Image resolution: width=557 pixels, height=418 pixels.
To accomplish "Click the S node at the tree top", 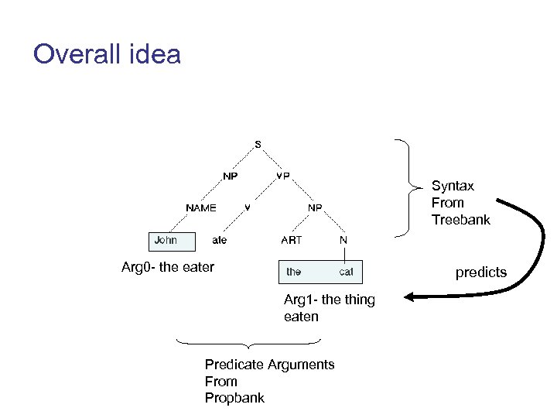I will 258,144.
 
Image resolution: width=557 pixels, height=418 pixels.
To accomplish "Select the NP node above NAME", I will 230,176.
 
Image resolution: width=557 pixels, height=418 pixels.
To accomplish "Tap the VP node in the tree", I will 283,176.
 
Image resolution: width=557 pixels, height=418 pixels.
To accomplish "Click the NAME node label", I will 201,207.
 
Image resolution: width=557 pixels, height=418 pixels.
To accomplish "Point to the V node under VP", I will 247,207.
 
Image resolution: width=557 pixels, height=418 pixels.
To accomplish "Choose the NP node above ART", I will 315,207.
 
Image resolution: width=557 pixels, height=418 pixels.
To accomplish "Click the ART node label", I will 292,240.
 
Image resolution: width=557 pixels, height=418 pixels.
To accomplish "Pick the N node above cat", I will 343,240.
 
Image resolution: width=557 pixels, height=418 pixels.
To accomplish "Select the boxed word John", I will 166,240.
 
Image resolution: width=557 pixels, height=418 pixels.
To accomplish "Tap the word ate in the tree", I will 220,240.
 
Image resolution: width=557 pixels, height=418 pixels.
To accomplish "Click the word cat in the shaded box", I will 346,272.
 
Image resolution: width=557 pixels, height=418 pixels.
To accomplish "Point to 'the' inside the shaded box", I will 294,272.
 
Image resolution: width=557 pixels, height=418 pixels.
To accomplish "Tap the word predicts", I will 481,272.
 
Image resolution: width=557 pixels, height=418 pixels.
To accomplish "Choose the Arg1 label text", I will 299,300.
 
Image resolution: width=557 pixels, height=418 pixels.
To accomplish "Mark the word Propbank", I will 234,398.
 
